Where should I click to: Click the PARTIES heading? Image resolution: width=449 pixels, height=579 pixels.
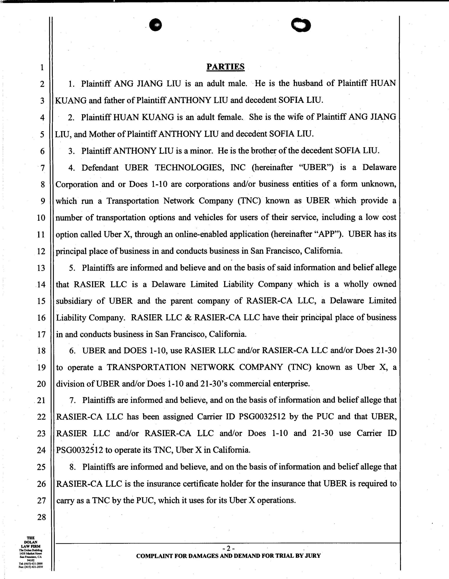225,66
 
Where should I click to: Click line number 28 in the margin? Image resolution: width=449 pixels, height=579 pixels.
41,517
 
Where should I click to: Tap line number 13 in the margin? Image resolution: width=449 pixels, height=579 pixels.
41,268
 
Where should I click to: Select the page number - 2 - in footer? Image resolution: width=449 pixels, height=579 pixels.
228,548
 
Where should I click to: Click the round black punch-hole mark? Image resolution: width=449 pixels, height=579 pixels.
156,25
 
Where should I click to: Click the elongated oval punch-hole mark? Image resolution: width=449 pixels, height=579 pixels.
301,25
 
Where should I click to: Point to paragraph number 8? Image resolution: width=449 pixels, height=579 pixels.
72,467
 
